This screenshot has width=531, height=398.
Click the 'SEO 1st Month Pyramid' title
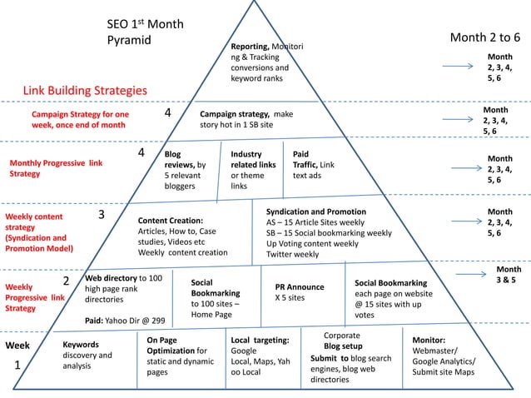tap(146, 32)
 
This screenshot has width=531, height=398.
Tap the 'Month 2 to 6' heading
tap(484, 37)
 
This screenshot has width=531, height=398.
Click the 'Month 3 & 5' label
tap(506, 276)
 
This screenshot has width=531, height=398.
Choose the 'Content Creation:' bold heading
tap(171, 220)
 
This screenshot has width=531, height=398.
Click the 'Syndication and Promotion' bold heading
tap(315, 211)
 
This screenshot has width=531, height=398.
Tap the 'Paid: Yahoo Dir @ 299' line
tap(124, 320)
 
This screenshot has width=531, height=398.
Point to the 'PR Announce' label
tap(300, 286)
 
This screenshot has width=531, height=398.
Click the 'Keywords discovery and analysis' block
tap(87, 355)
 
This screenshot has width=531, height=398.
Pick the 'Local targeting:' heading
tap(260, 341)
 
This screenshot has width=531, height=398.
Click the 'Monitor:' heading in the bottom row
tap(429, 341)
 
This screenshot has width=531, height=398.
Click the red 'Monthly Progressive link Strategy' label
tap(56, 169)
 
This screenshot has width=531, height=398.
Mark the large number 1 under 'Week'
tap(17, 366)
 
